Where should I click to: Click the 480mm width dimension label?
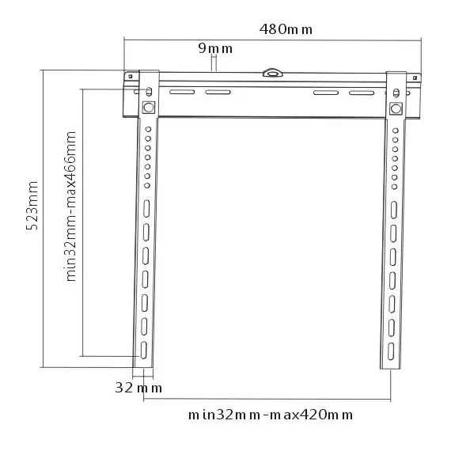286,29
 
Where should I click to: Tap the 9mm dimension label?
215,48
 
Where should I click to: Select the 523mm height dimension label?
32,206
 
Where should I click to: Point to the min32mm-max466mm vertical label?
70,207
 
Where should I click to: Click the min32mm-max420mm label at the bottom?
271,415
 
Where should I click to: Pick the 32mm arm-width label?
138,388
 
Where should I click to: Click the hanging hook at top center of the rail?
272,73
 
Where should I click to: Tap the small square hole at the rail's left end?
131,76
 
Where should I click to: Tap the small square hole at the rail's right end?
415,78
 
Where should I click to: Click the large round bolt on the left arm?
149,108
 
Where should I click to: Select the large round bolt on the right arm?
396,108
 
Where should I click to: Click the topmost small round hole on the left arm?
148,130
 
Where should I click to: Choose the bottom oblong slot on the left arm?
143,350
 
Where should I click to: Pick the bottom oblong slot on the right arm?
391,351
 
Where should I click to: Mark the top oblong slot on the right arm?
394,210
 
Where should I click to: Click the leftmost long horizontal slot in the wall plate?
182,92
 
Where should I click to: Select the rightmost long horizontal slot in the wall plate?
362,93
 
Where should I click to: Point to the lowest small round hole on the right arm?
394,187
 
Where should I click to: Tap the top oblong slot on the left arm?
146,209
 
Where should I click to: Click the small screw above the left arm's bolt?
149,92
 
